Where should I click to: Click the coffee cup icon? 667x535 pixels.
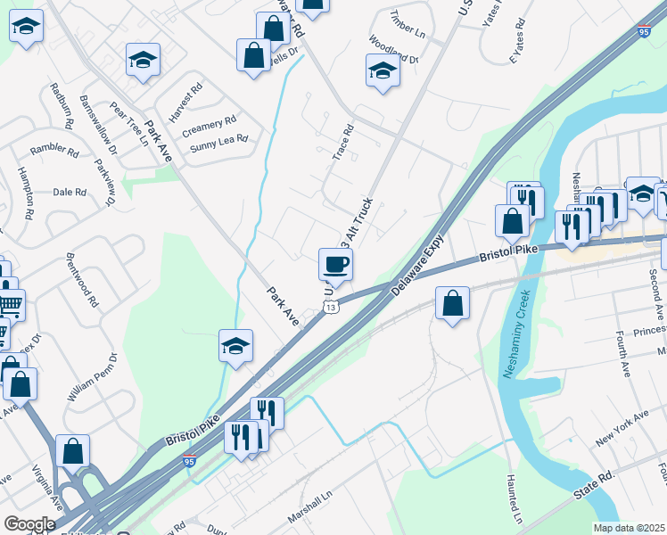[335, 264]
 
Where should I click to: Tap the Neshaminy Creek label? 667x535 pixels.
[517, 333]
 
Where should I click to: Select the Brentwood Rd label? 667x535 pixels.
[82, 276]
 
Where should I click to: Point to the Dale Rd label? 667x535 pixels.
[69, 192]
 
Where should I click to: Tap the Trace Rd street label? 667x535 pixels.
[343, 142]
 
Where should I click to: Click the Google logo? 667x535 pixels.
[29, 524]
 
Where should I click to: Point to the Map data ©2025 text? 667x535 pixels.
[629, 528]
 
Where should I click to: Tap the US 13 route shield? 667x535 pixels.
[331, 308]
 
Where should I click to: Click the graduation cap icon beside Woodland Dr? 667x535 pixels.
[382, 70]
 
